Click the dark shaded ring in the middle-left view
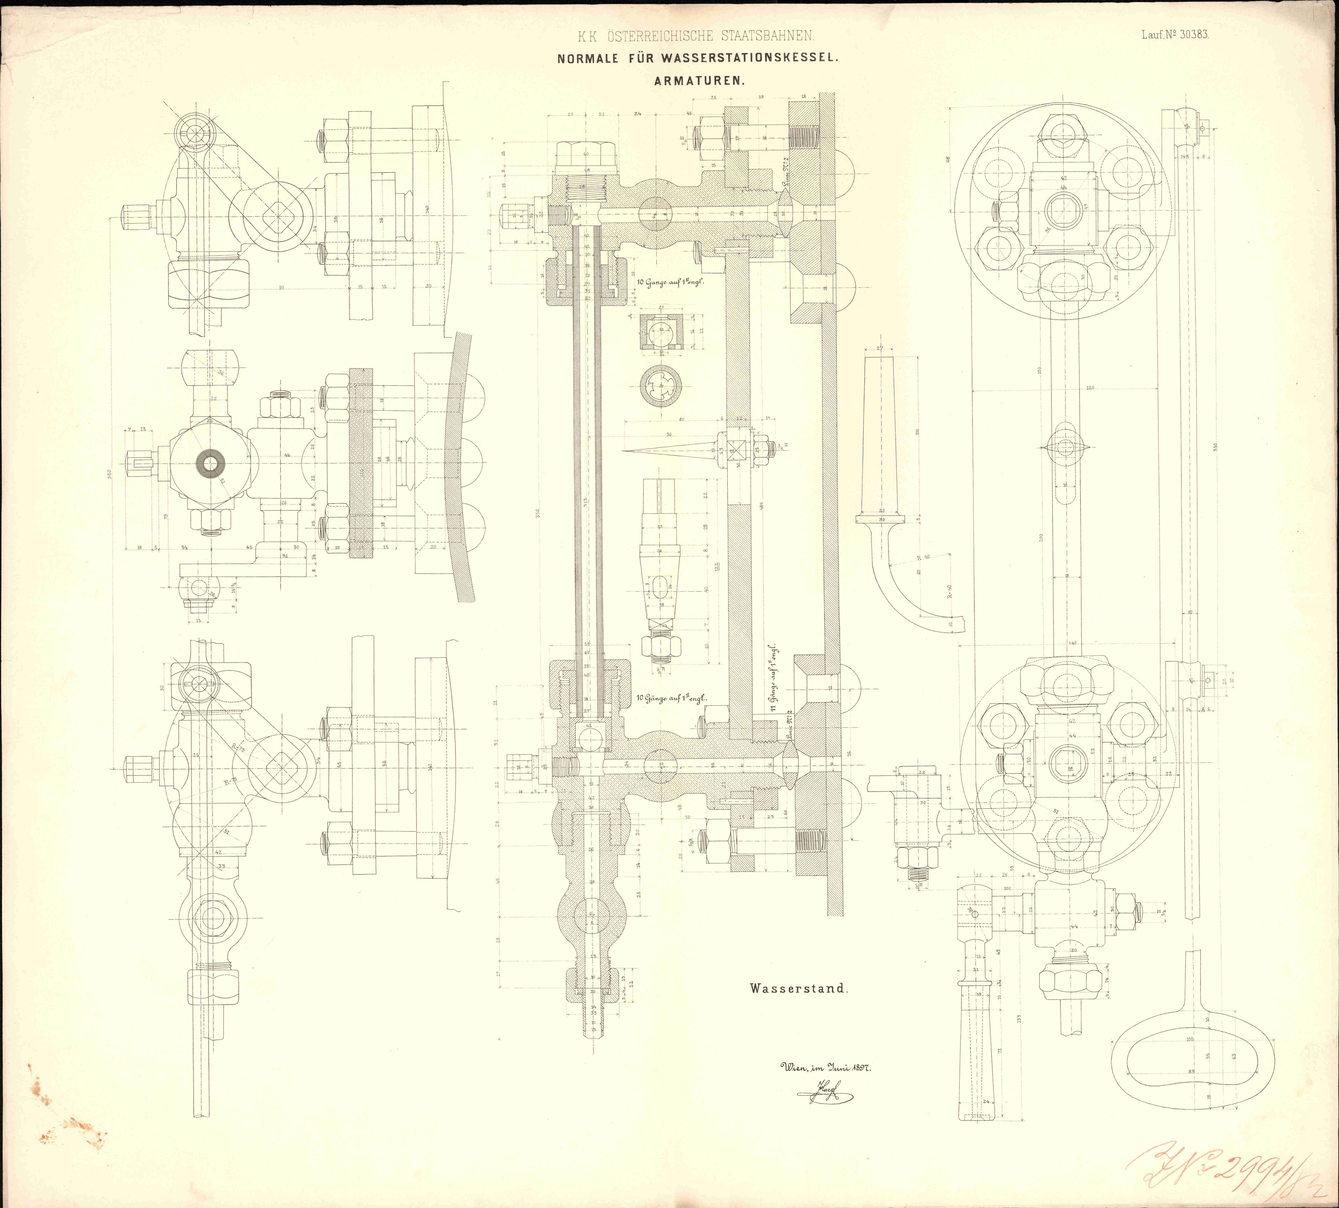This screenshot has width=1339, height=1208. pos(211,463)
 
